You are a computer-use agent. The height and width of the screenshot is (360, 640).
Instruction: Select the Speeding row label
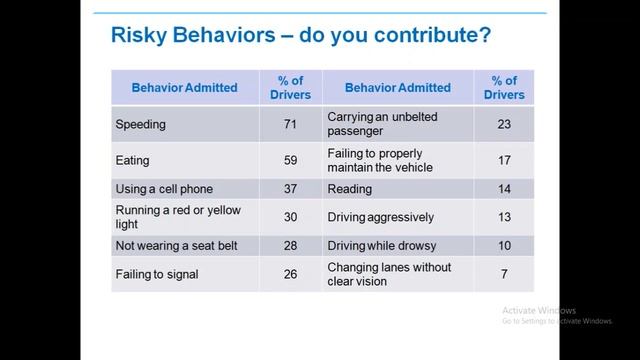point(142,126)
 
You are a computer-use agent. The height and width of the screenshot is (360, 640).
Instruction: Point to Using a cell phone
point(165,188)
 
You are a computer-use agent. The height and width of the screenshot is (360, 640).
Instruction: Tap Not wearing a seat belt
point(176,245)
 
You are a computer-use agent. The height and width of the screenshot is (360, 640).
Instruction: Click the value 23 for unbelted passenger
point(503,124)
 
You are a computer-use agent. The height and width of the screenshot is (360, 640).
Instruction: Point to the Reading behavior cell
point(350,188)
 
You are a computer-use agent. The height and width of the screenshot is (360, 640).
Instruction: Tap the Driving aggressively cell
point(381,214)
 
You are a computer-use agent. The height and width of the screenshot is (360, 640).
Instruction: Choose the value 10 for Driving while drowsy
point(503,245)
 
